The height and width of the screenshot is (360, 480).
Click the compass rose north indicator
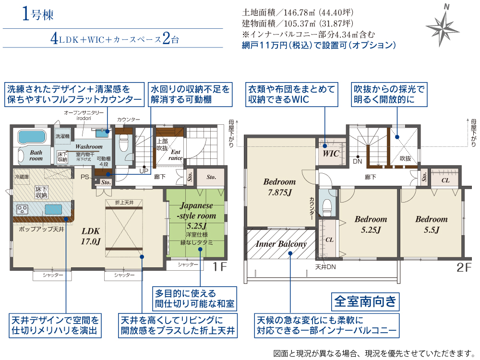click(x=443, y=26)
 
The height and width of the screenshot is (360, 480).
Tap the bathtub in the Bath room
click(x=32, y=137)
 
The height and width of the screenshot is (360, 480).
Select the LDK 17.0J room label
click(x=91, y=236)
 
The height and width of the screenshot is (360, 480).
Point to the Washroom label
click(x=89, y=146)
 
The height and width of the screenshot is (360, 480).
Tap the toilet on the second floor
click(x=327, y=206)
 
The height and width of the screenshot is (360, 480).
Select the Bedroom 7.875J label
click(x=279, y=187)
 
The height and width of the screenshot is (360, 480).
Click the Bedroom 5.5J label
click(x=432, y=224)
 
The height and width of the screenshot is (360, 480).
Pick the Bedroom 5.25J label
click(x=371, y=224)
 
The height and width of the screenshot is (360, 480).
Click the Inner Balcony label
click(x=281, y=244)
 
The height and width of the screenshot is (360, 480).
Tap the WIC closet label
click(x=331, y=153)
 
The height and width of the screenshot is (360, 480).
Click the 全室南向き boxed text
click(x=365, y=301)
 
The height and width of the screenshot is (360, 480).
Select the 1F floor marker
click(x=219, y=267)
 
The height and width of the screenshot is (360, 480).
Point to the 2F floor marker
click(x=464, y=267)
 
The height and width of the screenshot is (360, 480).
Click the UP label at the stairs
click(x=144, y=171)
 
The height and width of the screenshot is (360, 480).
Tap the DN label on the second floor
click(x=357, y=161)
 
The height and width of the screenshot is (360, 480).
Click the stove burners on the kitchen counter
click(x=23, y=210)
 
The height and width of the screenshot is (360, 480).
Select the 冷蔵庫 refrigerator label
click(x=22, y=177)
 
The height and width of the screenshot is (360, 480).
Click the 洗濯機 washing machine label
click(x=62, y=136)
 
